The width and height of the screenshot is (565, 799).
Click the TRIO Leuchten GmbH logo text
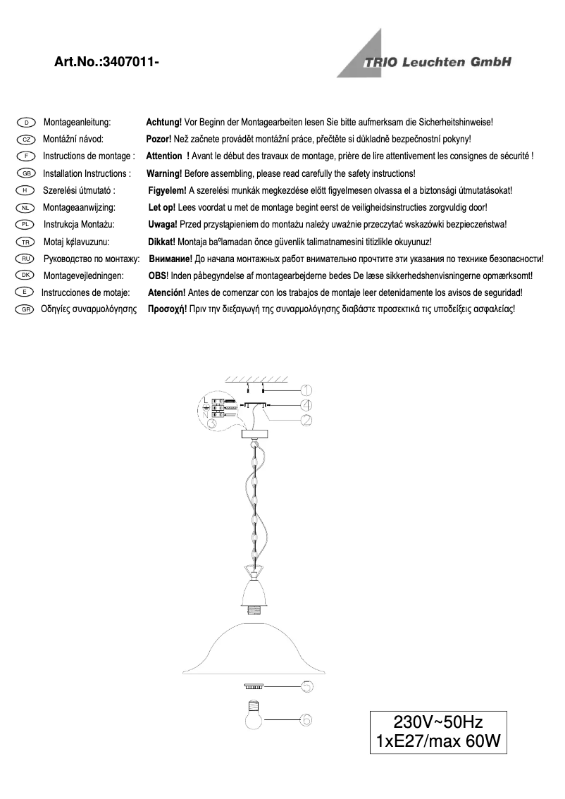pos(437,62)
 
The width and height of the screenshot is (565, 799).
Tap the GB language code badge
pos(25,173)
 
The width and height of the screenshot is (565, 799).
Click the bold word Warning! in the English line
pos(164,173)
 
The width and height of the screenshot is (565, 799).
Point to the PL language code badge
pos(25,225)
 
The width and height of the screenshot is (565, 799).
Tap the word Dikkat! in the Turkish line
pos(162,242)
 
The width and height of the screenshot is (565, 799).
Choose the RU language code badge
pos(25,259)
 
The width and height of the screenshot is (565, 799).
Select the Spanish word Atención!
pos(166,292)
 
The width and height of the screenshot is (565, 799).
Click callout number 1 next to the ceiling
pos(306,390)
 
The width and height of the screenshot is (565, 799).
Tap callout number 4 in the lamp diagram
pos(306,405)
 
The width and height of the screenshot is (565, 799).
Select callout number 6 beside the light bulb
pos(306,720)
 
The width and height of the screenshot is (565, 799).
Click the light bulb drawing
pos(254,716)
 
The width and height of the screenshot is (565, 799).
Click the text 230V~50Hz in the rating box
pos(437,721)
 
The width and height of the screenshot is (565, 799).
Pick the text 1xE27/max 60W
pos(437,741)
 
